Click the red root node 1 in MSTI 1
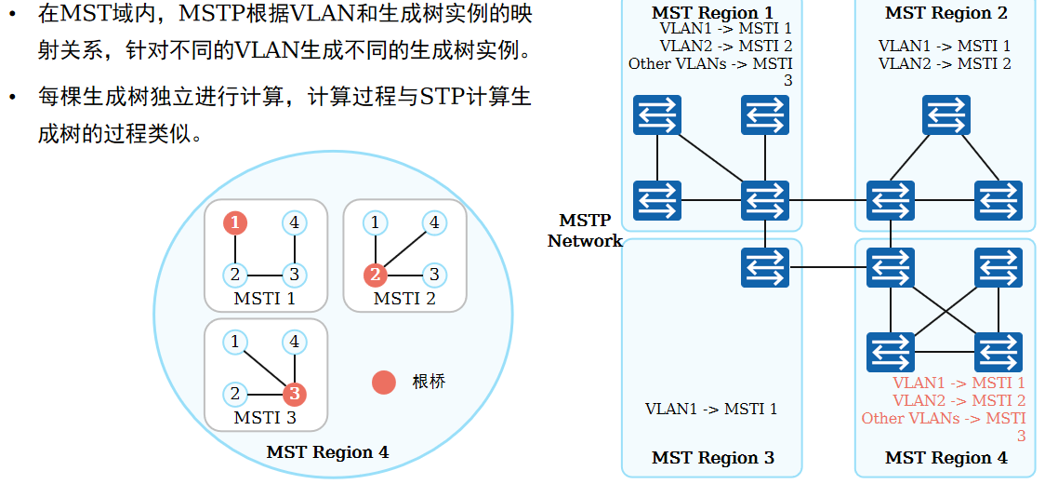point(235,223)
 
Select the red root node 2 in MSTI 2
point(375,275)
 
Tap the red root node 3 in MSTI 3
point(294,394)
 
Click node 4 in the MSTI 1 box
point(294,223)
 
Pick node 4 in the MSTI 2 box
point(432,223)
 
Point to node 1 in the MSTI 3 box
point(235,343)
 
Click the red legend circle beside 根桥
point(384,382)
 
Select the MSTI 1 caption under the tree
point(265,299)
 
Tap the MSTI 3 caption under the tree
point(265,418)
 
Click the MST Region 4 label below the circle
point(327,453)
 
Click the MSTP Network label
point(585,231)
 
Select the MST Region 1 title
point(712,13)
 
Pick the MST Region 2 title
point(946,13)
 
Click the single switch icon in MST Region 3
point(765,267)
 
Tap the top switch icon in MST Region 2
point(946,115)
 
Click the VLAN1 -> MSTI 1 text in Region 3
point(711,409)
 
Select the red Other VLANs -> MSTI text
point(944,419)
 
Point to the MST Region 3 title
point(712,458)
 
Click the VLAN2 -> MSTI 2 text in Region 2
point(945,63)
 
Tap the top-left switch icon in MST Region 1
point(657,115)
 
